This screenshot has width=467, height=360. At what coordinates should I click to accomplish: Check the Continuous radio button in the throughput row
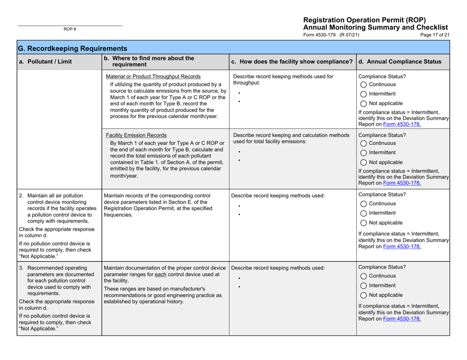(364, 84)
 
